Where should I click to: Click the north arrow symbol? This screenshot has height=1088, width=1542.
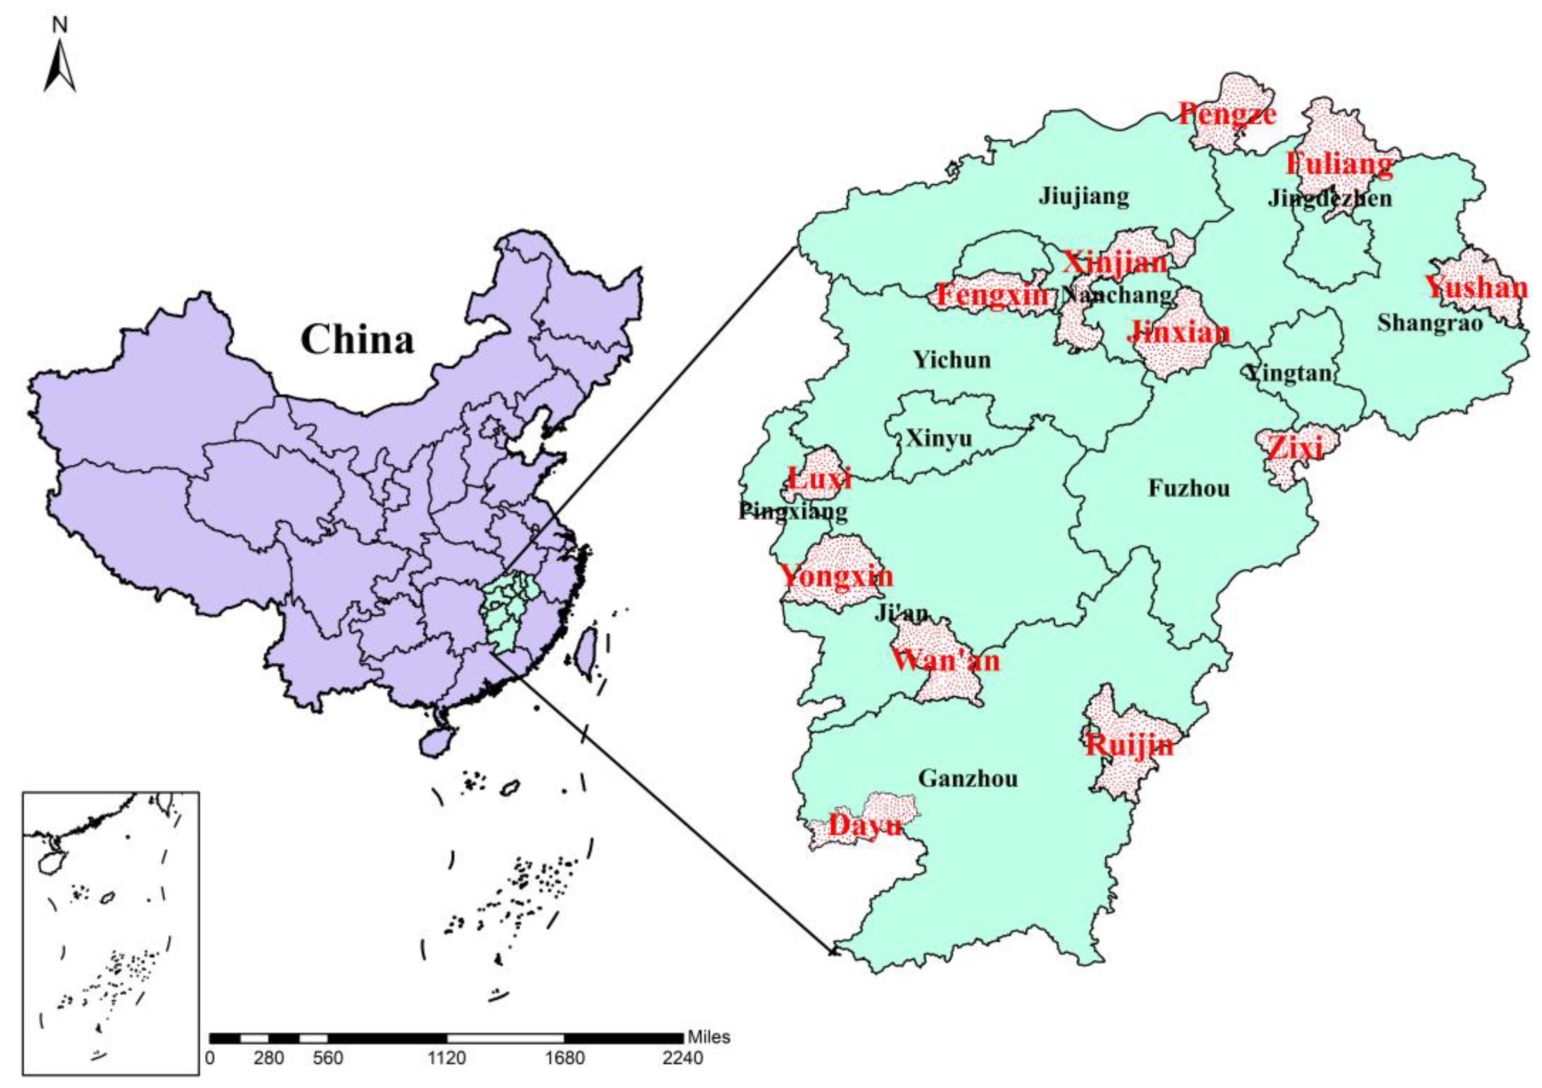[x=60, y=64]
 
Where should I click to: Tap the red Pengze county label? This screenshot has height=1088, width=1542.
[x=1227, y=114]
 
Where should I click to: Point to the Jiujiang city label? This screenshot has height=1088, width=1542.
[x=1083, y=196]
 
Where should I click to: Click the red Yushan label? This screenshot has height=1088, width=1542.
[x=1476, y=288]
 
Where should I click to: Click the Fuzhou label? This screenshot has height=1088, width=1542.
[x=1189, y=488]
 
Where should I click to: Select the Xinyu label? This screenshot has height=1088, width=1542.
[x=938, y=439]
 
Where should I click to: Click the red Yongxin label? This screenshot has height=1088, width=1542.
[x=836, y=576]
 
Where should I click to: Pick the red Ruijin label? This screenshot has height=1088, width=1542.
[x=1130, y=745]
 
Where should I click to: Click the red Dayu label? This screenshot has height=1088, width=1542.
[x=865, y=825]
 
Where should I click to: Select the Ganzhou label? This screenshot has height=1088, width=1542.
[x=968, y=779]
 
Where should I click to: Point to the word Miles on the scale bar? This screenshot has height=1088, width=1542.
[x=709, y=1037]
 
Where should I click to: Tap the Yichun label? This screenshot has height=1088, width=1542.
[x=952, y=360]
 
